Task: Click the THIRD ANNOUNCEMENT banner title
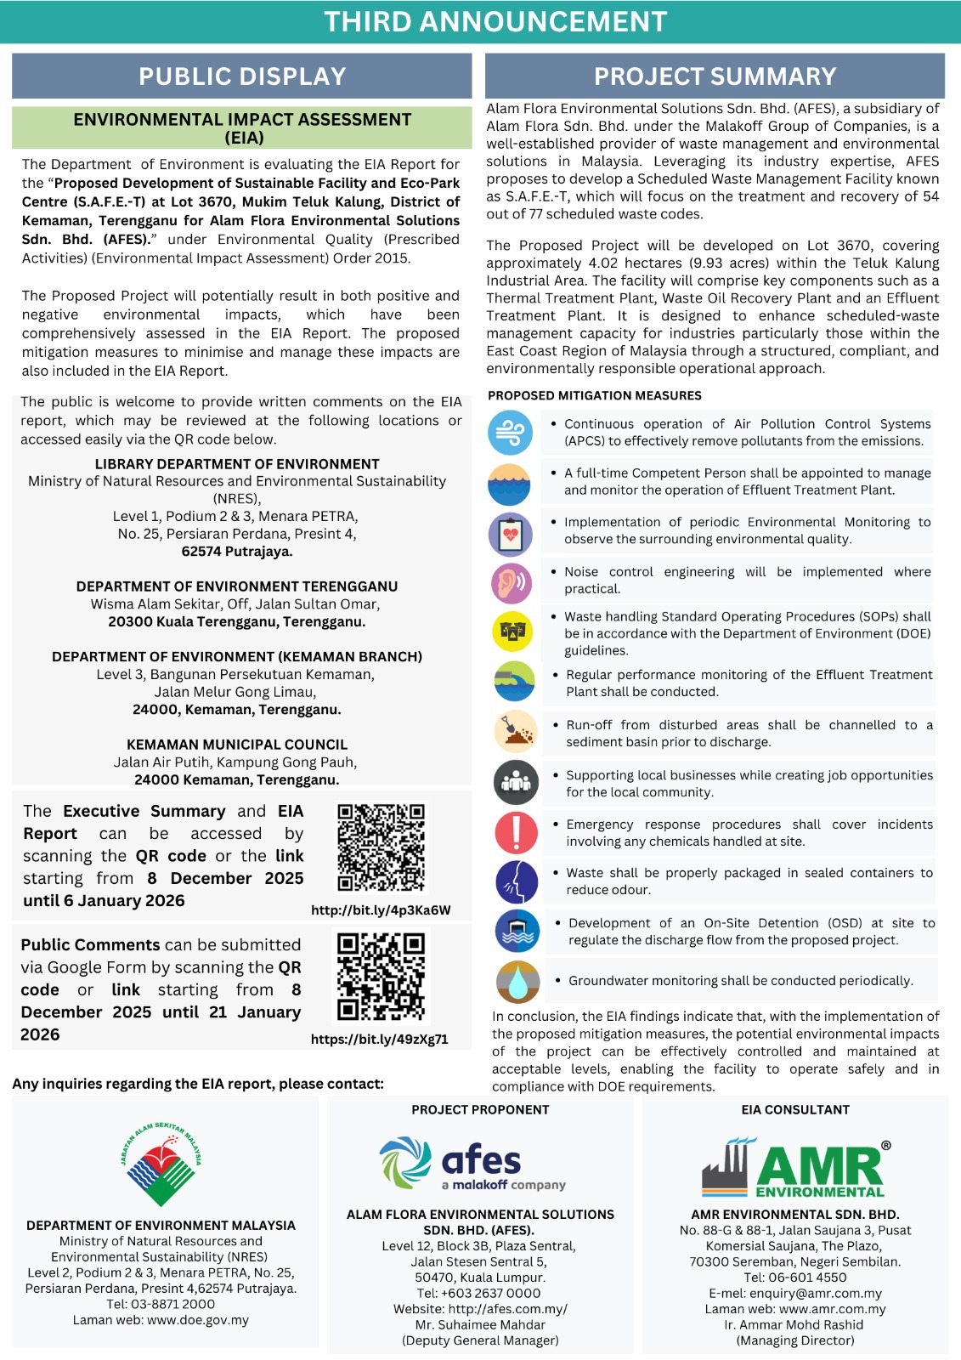click(495, 22)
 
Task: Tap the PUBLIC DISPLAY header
click(242, 76)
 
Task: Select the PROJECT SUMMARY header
click(715, 76)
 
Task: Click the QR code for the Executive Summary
click(381, 847)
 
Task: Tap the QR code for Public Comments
click(381, 977)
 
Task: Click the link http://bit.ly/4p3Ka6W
click(381, 910)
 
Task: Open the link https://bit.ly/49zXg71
click(379, 1039)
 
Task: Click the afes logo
click(472, 1164)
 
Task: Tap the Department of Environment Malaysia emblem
click(161, 1164)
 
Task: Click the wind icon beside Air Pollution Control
click(510, 432)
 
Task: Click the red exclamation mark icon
click(516, 832)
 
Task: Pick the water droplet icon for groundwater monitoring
click(517, 981)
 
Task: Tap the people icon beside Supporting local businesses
click(516, 782)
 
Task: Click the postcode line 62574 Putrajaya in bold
click(236, 551)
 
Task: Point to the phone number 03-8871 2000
click(178, 1304)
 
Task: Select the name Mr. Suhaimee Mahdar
click(480, 1324)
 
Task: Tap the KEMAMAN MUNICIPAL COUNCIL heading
click(237, 745)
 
